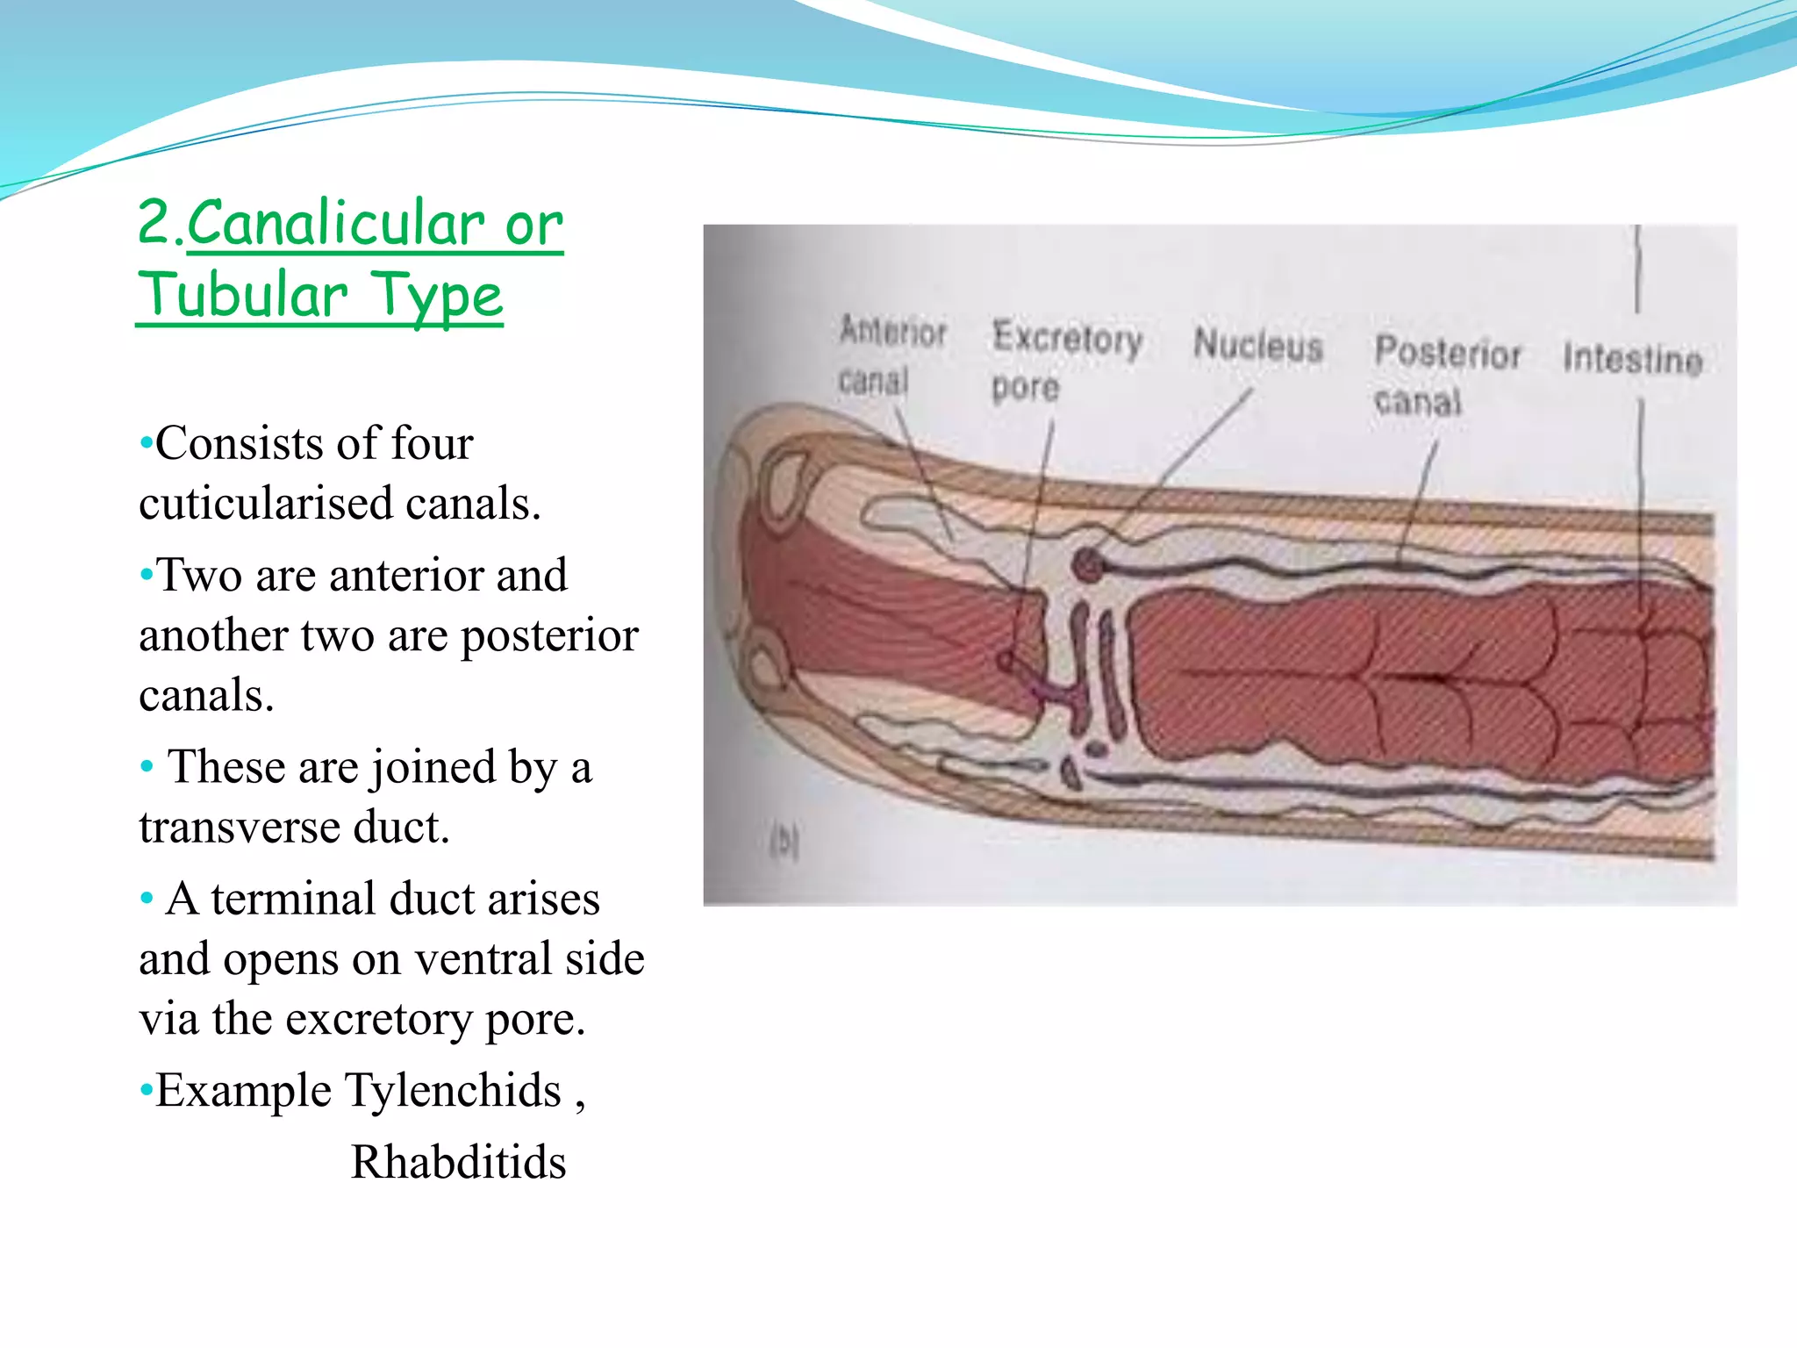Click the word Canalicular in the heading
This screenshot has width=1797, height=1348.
[335, 224]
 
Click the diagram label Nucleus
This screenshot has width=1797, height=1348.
[1257, 345]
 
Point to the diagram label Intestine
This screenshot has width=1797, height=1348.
[1632, 359]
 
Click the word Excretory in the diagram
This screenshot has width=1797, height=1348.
[1067, 338]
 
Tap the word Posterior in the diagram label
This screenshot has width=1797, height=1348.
[1447, 353]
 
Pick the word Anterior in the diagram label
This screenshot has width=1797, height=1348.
[892, 332]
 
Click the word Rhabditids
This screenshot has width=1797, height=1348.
[458, 1162]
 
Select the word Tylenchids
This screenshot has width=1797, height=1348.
[453, 1091]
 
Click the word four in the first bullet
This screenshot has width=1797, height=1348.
[432, 443]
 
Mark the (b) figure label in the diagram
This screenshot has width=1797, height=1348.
[784, 842]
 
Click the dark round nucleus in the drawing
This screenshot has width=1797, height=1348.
[1087, 564]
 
